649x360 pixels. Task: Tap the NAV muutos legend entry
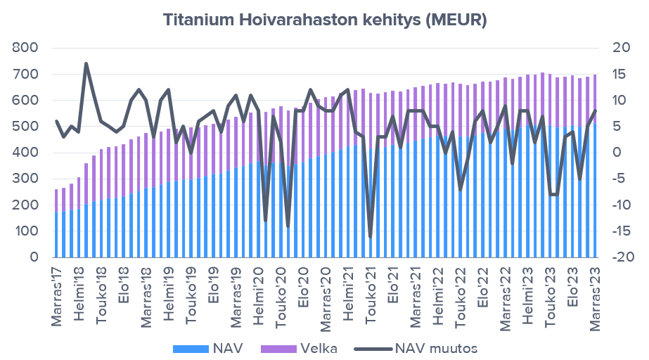tap(415, 348)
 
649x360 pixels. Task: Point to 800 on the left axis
tap(25, 48)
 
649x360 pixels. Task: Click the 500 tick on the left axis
tap(25, 127)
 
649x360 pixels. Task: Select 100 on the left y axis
tap(25, 231)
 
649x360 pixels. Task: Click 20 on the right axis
tap(618, 48)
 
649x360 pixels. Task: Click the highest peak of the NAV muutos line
tap(86, 63)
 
